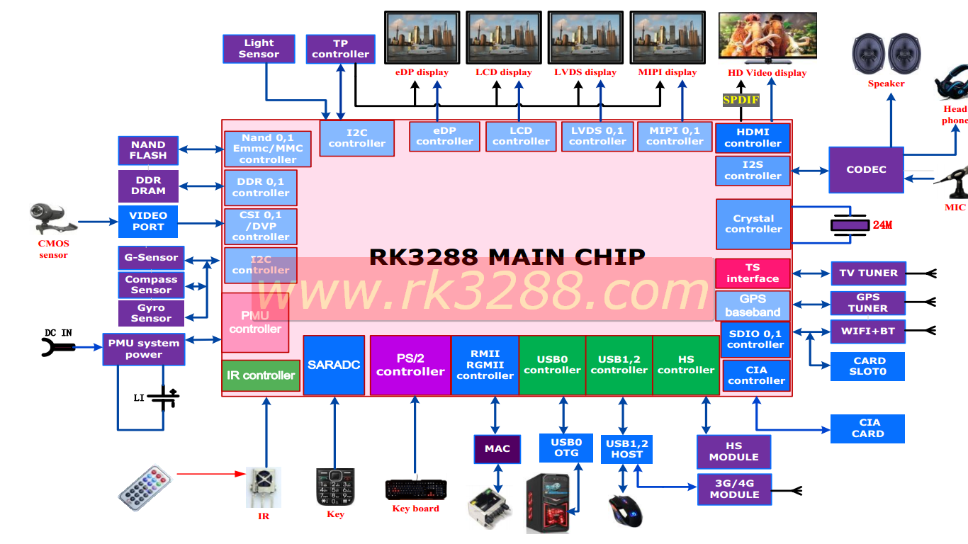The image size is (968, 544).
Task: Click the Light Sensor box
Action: click(x=259, y=49)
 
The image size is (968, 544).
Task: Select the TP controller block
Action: click(x=341, y=49)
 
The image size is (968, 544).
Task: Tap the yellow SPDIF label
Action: click(x=741, y=100)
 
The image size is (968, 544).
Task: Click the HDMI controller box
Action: click(x=753, y=138)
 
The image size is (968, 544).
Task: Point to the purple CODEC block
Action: click(x=866, y=170)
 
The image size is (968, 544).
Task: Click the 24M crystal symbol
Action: click(x=850, y=225)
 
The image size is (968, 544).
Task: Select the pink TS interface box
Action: click(x=753, y=273)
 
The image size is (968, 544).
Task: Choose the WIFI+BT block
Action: click(x=868, y=331)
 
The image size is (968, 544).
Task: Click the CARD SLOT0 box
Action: click(x=868, y=366)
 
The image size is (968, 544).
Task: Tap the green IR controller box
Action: click(x=261, y=375)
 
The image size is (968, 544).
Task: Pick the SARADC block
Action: click(x=334, y=365)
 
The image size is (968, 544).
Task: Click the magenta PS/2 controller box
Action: click(x=410, y=365)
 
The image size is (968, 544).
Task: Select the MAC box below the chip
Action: click(x=497, y=449)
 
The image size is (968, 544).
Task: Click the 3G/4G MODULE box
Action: click(x=735, y=489)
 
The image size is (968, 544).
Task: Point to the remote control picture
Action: click(x=145, y=488)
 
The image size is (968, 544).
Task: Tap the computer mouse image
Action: click(x=626, y=511)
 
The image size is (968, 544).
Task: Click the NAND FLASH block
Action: click(x=148, y=150)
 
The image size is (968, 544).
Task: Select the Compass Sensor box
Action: click(x=151, y=285)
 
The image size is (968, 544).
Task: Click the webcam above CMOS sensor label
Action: click(x=52, y=219)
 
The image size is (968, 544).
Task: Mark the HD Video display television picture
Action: click(x=767, y=35)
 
